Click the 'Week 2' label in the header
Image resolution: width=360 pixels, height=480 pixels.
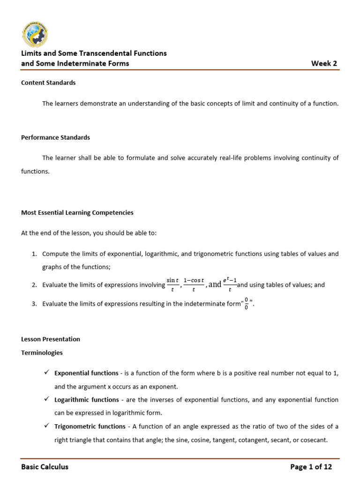click(x=324, y=64)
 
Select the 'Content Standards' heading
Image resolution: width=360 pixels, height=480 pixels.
click(x=48, y=82)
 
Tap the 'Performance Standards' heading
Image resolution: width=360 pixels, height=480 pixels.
click(x=55, y=137)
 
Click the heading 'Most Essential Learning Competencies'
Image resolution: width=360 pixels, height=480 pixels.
click(x=77, y=212)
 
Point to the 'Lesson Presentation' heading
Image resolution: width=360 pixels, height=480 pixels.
click(x=51, y=339)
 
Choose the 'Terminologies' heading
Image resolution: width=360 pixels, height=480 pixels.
click(x=42, y=352)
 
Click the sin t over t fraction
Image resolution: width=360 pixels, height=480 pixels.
click(x=172, y=285)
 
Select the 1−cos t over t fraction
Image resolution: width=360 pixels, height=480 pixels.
click(x=194, y=285)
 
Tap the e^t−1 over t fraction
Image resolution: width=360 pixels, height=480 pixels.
click(x=230, y=284)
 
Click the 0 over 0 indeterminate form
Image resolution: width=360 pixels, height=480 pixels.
click(x=247, y=303)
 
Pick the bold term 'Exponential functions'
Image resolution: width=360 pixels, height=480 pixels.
click(x=86, y=373)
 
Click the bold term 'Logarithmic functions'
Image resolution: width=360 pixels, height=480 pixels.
click(x=86, y=399)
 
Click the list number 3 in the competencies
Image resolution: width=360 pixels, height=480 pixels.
click(x=34, y=304)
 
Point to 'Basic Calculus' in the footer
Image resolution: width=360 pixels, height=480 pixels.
click(x=45, y=466)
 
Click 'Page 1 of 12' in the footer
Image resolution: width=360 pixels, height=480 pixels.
click(x=311, y=466)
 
